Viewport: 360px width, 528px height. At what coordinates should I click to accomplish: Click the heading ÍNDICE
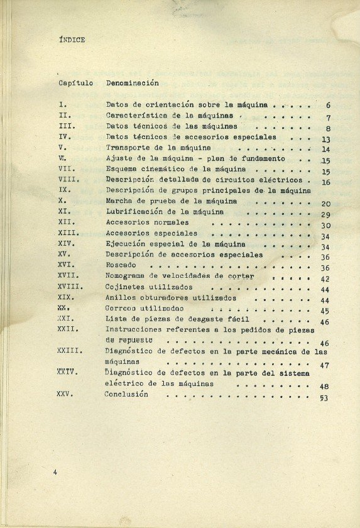coord(71,40)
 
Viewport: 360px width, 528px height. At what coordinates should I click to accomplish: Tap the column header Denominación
coord(132,82)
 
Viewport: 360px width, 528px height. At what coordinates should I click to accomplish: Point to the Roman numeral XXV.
coord(65,394)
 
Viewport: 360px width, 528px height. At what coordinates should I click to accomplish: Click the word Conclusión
coord(126,394)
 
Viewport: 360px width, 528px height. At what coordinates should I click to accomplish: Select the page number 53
coord(324,398)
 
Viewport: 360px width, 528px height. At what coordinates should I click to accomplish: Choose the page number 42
coord(325,279)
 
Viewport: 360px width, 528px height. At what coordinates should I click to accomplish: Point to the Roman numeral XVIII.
coord(69,287)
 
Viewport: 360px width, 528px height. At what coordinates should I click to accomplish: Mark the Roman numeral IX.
coord(63,190)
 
